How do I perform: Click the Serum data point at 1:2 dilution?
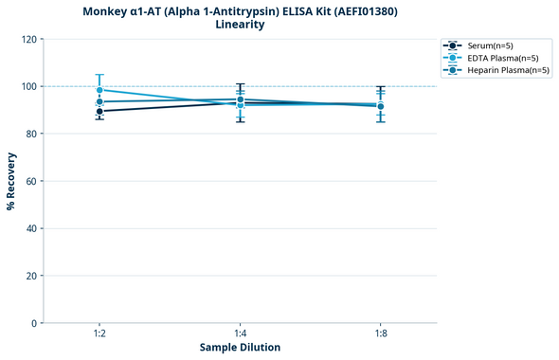(x=99, y=112)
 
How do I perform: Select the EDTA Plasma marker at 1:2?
(x=99, y=90)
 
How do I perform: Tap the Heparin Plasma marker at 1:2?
(x=99, y=101)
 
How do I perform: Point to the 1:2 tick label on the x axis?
(x=99, y=333)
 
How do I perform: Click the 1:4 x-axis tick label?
(x=240, y=333)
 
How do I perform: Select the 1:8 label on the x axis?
(x=380, y=333)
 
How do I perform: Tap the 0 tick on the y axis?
(x=33, y=323)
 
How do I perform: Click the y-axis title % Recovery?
(x=11, y=181)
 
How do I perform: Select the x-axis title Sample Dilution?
(x=240, y=348)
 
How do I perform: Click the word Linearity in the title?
(x=240, y=25)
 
